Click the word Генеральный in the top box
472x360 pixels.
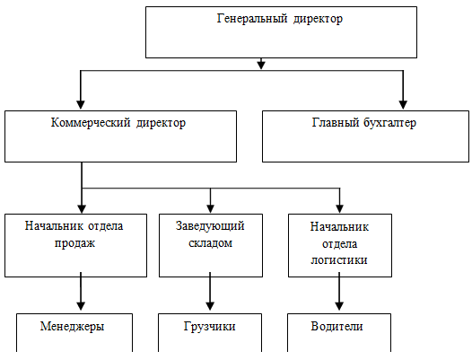252,19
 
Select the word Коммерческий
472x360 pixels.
91,123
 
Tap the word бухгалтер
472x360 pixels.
389,123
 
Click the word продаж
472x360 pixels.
74,243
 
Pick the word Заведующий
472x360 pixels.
210,226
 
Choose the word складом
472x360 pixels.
210,242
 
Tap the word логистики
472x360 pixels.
339,259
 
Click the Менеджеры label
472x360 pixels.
73,326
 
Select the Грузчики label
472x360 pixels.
209,326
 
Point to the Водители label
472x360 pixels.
337,326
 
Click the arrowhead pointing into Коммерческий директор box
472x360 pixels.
81,104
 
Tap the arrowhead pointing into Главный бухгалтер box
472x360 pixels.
403,104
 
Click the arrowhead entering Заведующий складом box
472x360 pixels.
210,208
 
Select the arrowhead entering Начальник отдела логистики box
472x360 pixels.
339,208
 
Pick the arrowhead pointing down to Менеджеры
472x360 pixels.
81,306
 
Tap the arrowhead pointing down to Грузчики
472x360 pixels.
210,306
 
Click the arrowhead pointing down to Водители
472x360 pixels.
339,306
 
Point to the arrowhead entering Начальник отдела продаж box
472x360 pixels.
82,208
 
